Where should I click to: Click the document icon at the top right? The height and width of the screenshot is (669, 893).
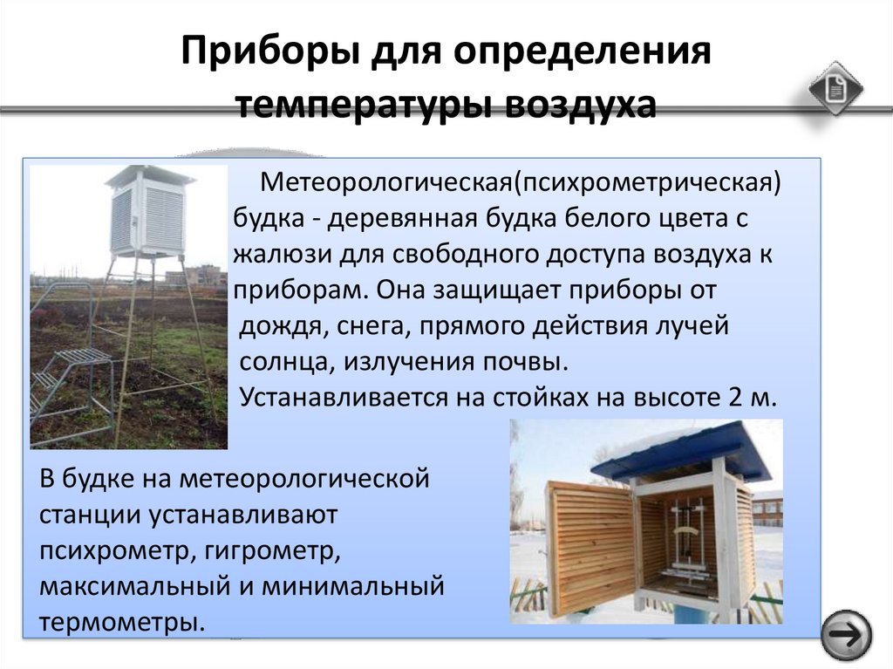(x=835, y=89)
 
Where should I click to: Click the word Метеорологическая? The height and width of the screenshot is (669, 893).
(x=386, y=183)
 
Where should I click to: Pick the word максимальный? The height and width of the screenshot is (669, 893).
(x=134, y=586)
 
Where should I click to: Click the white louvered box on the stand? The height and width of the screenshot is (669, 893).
(x=149, y=212)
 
